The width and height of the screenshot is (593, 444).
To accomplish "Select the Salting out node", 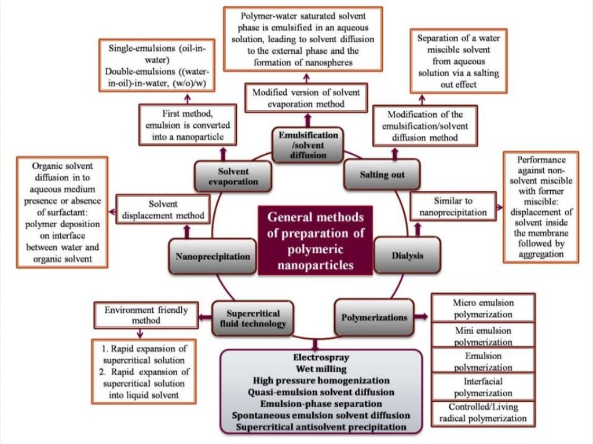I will tap(382, 175).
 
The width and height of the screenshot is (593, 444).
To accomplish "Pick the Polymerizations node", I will tap(374, 317).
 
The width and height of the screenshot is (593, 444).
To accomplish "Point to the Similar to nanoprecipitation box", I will tap(453, 206).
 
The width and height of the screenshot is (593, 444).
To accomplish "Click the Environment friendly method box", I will tap(146, 315).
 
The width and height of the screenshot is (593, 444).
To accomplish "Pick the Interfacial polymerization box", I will tap(483, 387).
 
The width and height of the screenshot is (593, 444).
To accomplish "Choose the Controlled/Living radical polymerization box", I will tap(483, 413).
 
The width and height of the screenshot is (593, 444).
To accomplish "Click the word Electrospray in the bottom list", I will tap(320, 358).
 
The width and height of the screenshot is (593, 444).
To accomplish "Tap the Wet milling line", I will tap(320, 369).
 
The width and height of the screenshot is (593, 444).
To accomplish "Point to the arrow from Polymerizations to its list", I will tap(421, 317).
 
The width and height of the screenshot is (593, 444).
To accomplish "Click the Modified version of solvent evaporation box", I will tap(306, 98).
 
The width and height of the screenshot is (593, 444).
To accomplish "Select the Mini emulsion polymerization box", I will tap(483, 335).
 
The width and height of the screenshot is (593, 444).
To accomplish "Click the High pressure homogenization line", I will tap(320, 381).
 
